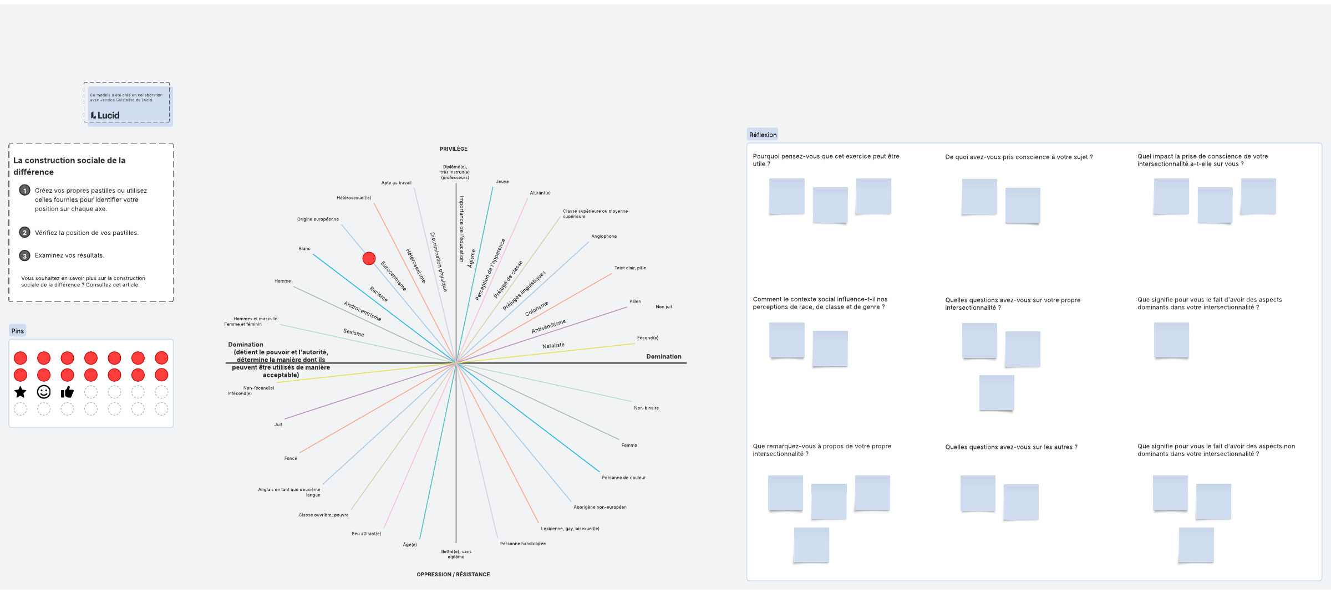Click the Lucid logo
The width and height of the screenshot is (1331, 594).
[x=105, y=115]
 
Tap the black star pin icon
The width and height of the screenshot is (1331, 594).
[x=21, y=392]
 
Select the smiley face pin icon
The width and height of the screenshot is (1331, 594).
[x=44, y=392]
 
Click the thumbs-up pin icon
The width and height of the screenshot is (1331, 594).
[x=67, y=392]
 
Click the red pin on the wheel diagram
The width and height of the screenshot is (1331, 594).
[x=369, y=258]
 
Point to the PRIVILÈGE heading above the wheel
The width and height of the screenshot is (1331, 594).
[x=453, y=149]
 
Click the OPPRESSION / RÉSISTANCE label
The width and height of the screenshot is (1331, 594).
[x=453, y=575]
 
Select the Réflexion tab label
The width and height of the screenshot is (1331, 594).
[x=763, y=135]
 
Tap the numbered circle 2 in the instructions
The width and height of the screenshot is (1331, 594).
[x=24, y=233]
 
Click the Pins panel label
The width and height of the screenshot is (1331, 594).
[x=18, y=331]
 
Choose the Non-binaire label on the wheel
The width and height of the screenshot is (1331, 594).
[x=646, y=408]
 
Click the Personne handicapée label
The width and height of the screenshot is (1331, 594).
[x=522, y=544]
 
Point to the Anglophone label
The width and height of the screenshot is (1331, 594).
[x=604, y=237]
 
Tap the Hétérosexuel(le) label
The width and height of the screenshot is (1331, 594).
[x=354, y=198]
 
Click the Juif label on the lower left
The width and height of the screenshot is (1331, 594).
[x=278, y=424]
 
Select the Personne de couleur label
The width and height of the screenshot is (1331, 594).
[x=623, y=478]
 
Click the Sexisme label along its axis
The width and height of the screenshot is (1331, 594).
[x=354, y=332]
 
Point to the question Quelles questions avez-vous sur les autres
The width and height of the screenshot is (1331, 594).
[x=1011, y=447]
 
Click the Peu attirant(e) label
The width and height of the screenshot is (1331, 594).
[x=366, y=534]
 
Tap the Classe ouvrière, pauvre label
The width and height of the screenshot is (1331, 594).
[x=323, y=515]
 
